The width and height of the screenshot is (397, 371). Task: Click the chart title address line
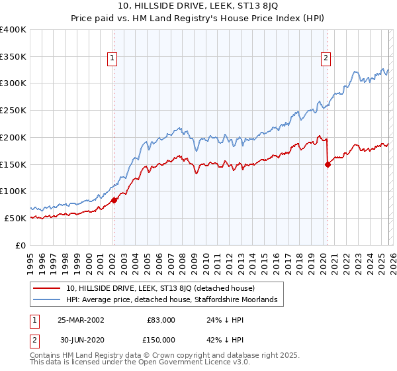coord(198,7)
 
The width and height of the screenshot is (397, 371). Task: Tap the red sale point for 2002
coord(114,199)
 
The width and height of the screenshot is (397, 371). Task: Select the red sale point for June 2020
coord(328,164)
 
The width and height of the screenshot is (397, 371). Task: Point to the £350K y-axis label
coord(13,56)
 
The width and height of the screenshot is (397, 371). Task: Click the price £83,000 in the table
coord(161,320)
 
